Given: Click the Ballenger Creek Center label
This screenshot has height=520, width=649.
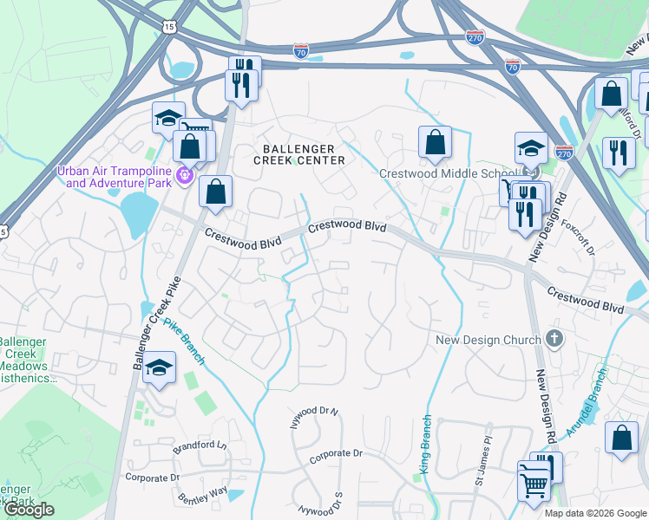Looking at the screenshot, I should tap(298, 154).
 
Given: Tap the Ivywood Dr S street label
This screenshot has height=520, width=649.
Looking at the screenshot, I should tap(321, 504).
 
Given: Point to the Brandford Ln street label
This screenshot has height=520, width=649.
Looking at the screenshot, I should tap(200, 445).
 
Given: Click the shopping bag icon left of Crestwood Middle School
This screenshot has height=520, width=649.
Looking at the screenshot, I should tap(435, 144).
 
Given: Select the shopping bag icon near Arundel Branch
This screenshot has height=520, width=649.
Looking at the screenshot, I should tap(621, 439).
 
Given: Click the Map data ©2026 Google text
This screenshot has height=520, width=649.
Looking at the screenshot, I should tap(595, 513).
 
